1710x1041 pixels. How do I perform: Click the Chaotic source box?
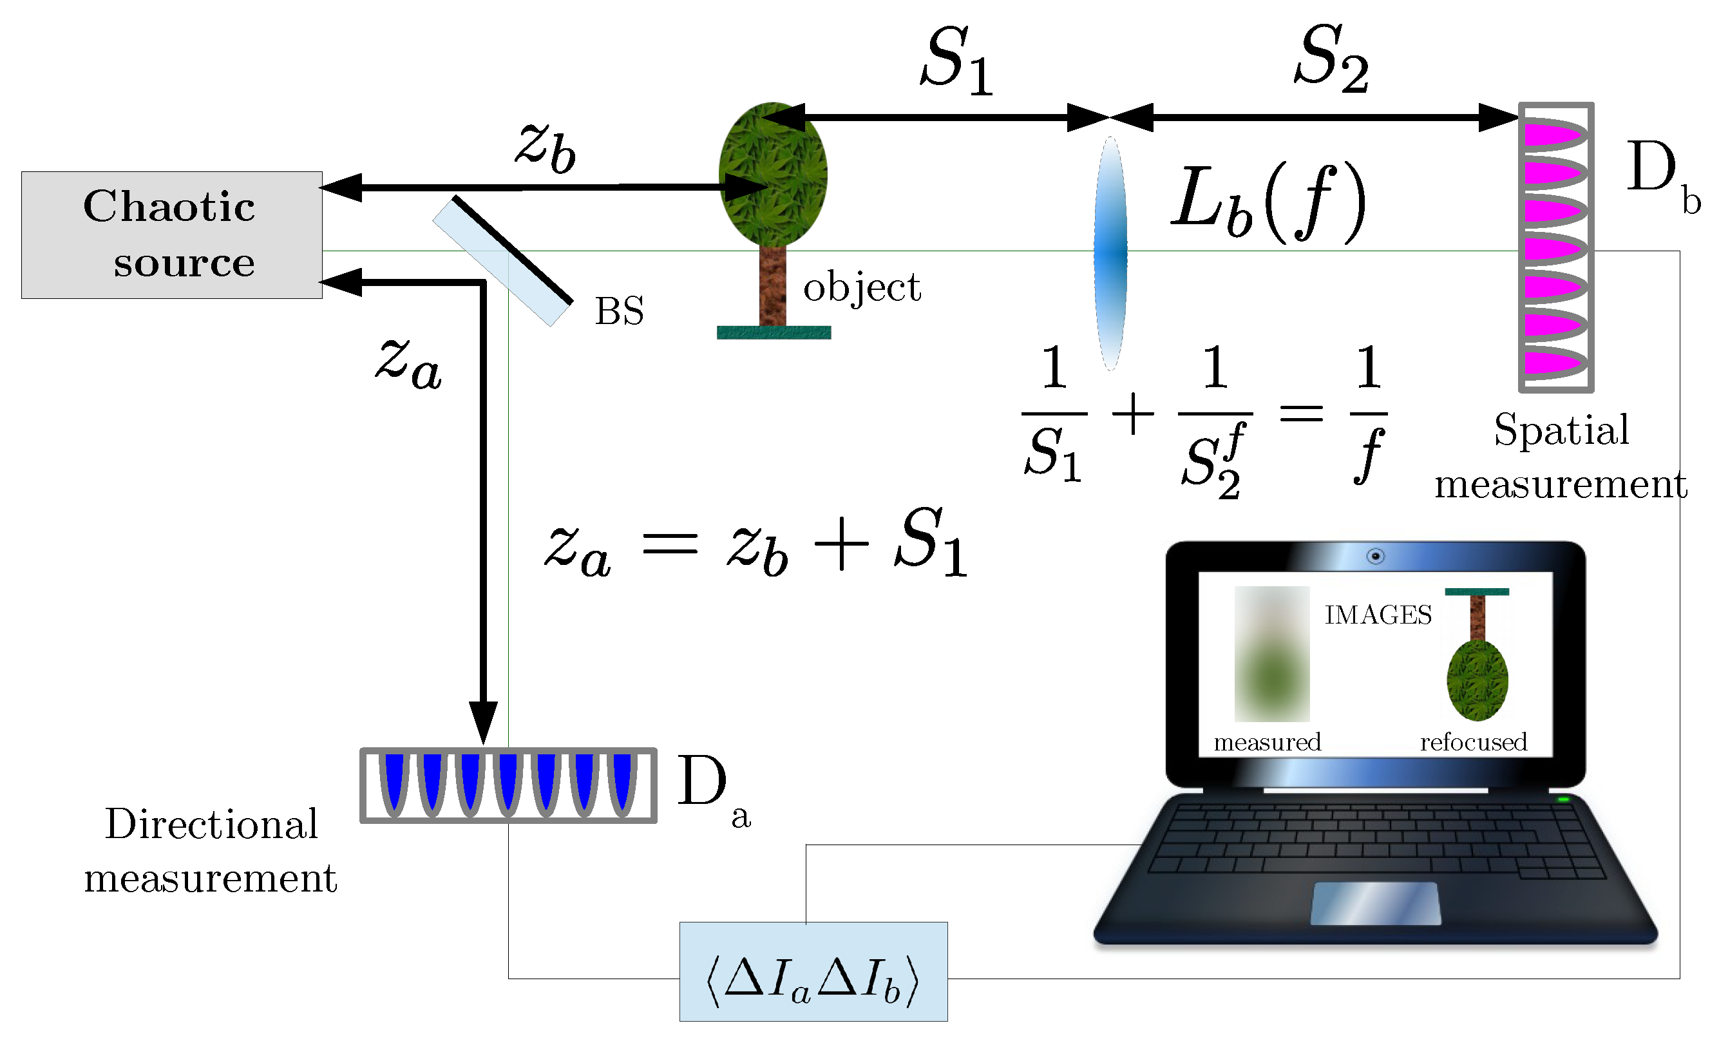pyautogui.click(x=171, y=234)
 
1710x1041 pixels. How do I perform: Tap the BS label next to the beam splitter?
pyautogui.click(x=619, y=311)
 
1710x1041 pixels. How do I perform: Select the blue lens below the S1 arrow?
pyautogui.click(x=1110, y=253)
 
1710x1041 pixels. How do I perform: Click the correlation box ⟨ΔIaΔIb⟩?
pyautogui.click(x=813, y=971)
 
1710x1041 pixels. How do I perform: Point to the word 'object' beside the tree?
pyautogui.click(x=861, y=287)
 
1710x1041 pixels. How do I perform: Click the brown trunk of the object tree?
pyautogui.click(x=772, y=286)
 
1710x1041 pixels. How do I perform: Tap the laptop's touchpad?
pyautogui.click(x=1375, y=904)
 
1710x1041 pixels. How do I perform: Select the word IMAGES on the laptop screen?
pyautogui.click(x=1378, y=615)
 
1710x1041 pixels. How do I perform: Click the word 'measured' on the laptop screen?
pyautogui.click(x=1268, y=743)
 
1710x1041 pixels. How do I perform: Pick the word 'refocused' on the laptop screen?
pyautogui.click(x=1474, y=743)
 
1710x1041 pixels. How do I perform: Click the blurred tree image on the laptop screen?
pyautogui.click(x=1271, y=654)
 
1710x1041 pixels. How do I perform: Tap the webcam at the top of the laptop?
pyautogui.click(x=1376, y=556)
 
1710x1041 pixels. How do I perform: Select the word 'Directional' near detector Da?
pyautogui.click(x=211, y=825)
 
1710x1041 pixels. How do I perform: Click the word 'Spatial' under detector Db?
pyautogui.click(x=1561, y=430)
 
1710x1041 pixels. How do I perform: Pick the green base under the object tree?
pyautogui.click(x=773, y=332)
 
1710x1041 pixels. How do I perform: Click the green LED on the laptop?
pyautogui.click(x=1563, y=800)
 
